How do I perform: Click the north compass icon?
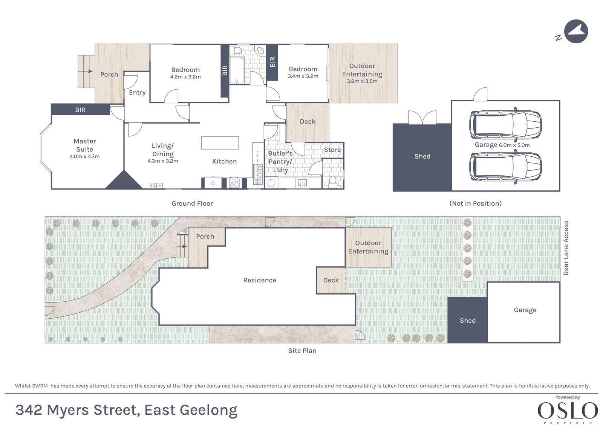(x=576, y=32)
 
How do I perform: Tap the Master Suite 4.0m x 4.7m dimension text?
(x=85, y=156)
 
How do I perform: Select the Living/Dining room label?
(x=163, y=150)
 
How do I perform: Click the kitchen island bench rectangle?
(x=220, y=143)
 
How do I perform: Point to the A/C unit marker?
(x=153, y=186)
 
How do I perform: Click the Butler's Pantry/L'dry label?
(x=280, y=162)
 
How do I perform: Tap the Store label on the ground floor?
(x=332, y=150)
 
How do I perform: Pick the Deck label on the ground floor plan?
(x=308, y=122)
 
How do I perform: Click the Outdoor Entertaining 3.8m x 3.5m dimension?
(x=362, y=81)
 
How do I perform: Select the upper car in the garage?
(x=505, y=125)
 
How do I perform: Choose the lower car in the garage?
(x=505, y=167)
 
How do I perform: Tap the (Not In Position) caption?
(x=475, y=203)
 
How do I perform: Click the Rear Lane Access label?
(x=566, y=247)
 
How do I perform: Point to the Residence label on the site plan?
(x=260, y=280)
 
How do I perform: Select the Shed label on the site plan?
(x=468, y=321)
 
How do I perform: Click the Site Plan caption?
(x=302, y=350)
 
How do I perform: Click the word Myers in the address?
(x=67, y=411)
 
